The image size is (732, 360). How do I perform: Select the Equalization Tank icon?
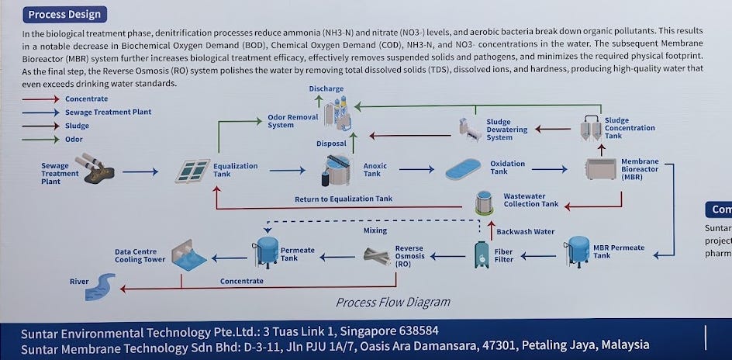point(192,171)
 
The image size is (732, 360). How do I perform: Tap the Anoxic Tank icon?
point(336,170)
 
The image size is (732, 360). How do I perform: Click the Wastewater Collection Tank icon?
point(485,203)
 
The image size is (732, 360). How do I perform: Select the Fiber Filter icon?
point(482,254)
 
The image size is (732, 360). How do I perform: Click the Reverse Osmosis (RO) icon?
point(378,254)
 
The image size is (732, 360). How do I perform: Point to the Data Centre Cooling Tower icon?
point(189,255)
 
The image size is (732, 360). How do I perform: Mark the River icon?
point(100,286)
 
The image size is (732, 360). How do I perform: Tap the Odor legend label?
point(74,139)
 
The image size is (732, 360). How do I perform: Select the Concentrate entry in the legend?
point(86,99)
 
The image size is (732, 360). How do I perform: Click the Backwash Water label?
point(525,231)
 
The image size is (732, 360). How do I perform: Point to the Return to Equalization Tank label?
point(343,199)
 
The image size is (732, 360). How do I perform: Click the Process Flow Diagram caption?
point(392,302)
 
